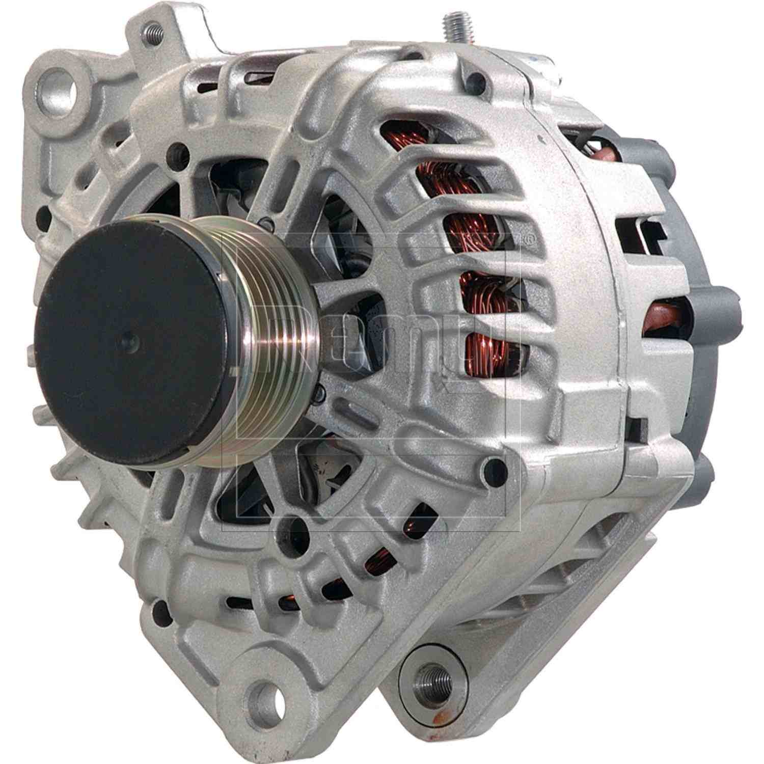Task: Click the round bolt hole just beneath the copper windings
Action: coord(496,465)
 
